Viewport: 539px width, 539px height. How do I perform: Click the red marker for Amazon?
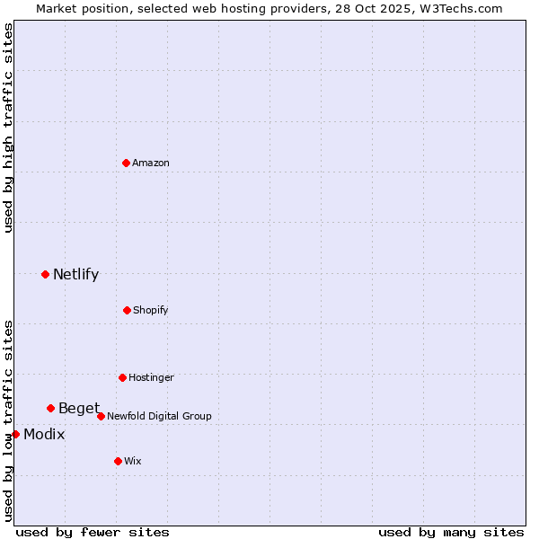click(x=126, y=163)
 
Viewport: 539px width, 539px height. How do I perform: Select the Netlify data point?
click(x=45, y=274)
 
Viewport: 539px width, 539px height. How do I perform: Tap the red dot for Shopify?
click(x=127, y=310)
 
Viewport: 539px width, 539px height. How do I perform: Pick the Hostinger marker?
click(x=122, y=377)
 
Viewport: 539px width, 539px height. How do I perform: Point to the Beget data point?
click(x=50, y=408)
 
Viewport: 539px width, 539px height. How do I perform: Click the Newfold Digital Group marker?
click(x=101, y=416)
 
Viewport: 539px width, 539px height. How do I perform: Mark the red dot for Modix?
click(x=15, y=434)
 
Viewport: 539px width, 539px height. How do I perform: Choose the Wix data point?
click(x=118, y=461)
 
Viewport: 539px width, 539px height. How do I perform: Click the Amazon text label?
click(x=151, y=163)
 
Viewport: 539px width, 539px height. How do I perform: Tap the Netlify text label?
click(x=75, y=275)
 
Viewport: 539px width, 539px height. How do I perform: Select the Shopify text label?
click(x=150, y=310)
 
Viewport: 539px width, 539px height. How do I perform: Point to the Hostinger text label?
click(x=151, y=377)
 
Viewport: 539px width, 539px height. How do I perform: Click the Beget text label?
click(x=79, y=409)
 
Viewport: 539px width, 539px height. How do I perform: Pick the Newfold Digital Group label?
click(x=159, y=416)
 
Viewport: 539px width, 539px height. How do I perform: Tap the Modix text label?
click(x=44, y=435)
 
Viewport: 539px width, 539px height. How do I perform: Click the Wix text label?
click(x=133, y=461)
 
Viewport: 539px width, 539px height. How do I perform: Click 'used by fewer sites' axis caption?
click(x=93, y=532)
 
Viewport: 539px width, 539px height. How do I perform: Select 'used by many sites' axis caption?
click(x=451, y=532)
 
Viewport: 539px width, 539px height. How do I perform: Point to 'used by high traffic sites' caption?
click(x=9, y=128)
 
